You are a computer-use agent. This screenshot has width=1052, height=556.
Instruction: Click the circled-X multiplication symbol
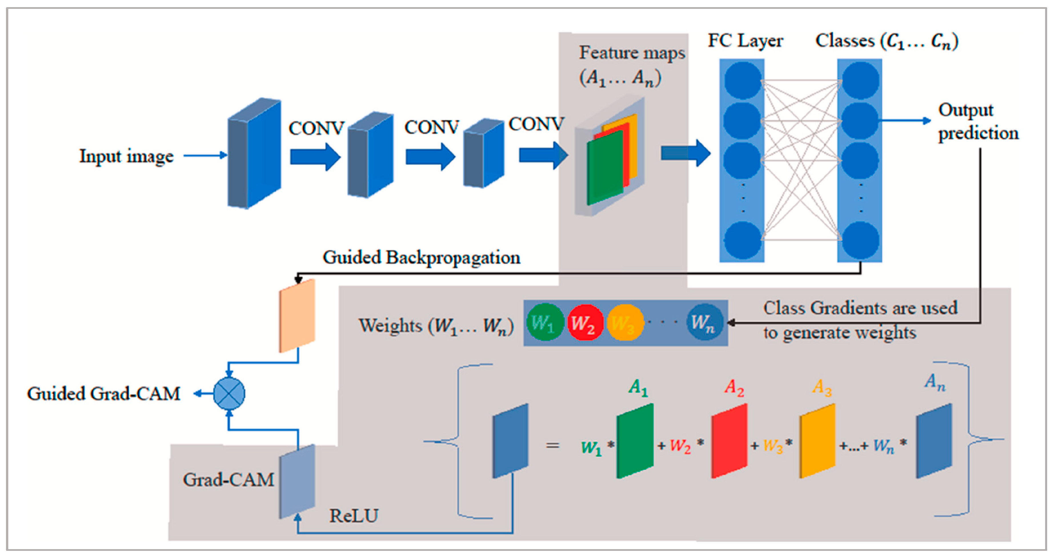(x=229, y=394)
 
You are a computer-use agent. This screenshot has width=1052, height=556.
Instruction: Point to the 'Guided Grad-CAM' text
(x=104, y=394)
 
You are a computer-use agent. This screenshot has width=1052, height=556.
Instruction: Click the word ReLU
(x=354, y=515)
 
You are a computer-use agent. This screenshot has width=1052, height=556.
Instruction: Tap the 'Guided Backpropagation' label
(x=421, y=258)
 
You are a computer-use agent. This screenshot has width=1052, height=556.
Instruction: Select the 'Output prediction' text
(x=978, y=121)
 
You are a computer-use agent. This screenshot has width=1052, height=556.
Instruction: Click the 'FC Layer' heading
(x=745, y=41)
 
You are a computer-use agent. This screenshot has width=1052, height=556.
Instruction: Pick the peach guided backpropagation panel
(x=297, y=316)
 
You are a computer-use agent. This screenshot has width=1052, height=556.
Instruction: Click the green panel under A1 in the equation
(x=635, y=441)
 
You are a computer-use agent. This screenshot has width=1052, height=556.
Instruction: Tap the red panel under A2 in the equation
(x=730, y=441)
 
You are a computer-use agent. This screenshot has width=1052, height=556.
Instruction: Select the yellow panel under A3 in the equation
(x=817, y=441)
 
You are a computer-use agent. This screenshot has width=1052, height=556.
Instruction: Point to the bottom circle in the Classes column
(x=860, y=240)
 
